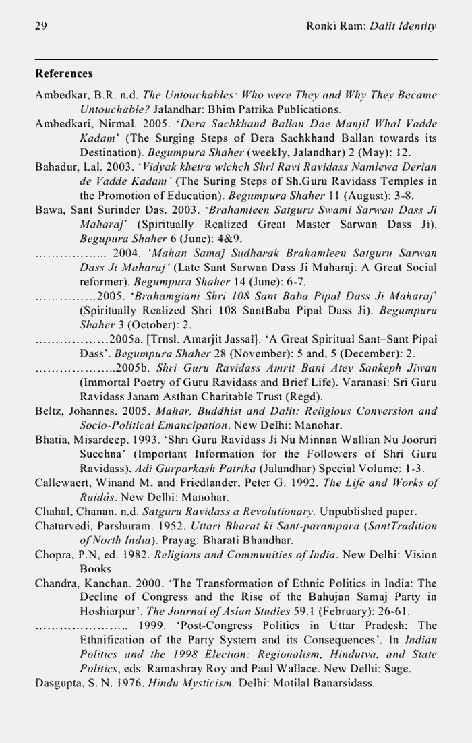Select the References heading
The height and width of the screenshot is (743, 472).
(x=64, y=73)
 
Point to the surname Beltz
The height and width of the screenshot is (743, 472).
(x=48, y=411)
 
